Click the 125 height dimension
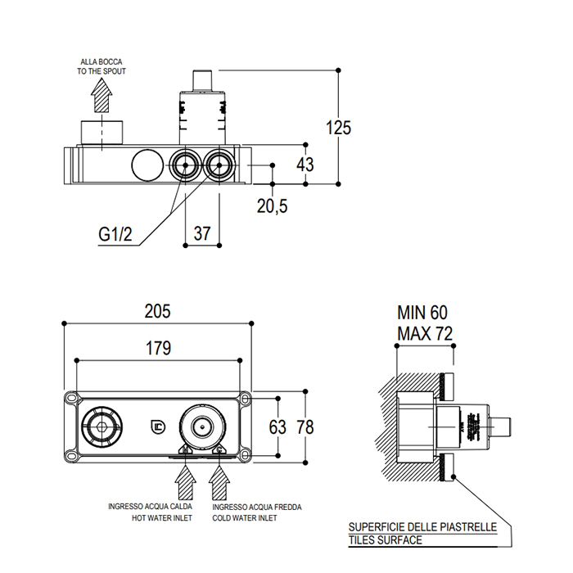(x=338, y=128)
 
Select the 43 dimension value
(x=305, y=165)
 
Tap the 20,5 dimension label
(x=272, y=206)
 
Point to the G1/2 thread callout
(x=115, y=234)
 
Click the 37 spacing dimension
(x=202, y=233)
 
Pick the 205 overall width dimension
(x=157, y=311)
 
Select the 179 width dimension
(x=159, y=348)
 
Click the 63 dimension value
(x=277, y=426)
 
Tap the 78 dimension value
(x=305, y=426)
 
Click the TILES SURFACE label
(x=384, y=540)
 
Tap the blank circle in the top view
(x=148, y=165)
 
